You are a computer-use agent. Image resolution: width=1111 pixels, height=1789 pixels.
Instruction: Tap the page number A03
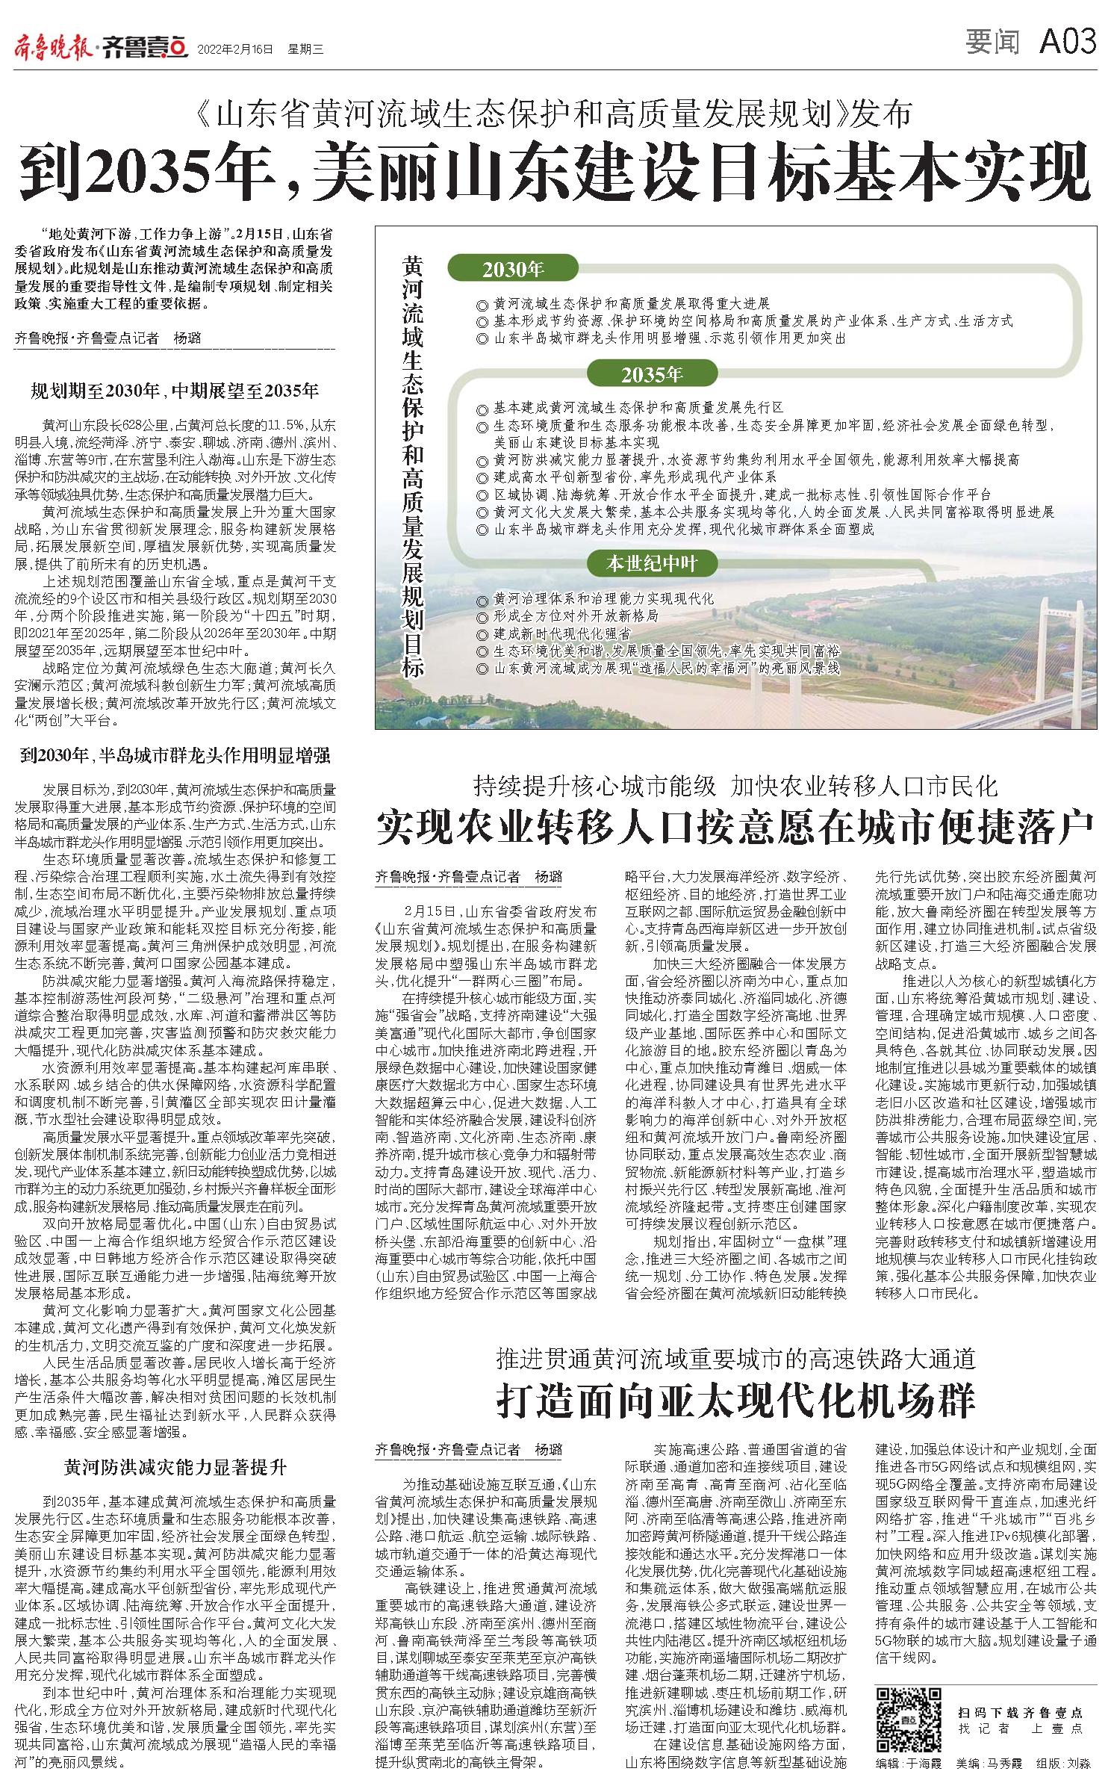coord(1068,42)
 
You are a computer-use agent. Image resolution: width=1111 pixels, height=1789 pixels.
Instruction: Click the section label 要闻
coord(992,43)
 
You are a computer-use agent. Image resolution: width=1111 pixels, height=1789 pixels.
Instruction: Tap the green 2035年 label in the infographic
coord(652,375)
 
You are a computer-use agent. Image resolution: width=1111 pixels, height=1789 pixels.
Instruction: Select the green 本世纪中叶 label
coord(652,564)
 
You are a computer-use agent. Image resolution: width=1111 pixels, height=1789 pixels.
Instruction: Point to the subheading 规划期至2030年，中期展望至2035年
coord(175,391)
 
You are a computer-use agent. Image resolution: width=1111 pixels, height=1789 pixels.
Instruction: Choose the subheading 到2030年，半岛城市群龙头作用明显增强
coord(175,755)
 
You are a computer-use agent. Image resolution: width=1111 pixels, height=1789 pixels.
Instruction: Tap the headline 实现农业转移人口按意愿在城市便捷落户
coord(735,824)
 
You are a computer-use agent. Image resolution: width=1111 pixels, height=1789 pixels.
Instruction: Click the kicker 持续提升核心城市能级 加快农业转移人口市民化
coord(735,785)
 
